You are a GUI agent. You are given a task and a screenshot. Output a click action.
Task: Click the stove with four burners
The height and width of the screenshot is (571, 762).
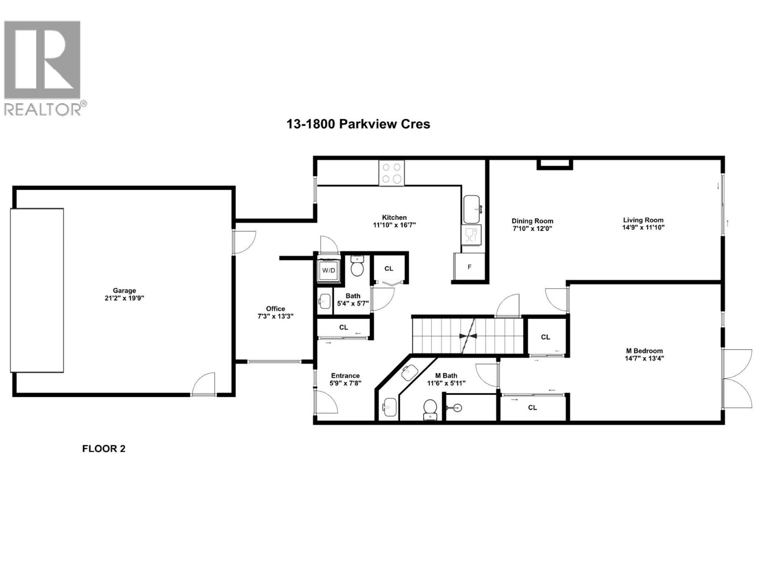pos(392,173)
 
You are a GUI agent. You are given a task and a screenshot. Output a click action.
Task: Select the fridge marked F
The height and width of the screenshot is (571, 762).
pos(469,267)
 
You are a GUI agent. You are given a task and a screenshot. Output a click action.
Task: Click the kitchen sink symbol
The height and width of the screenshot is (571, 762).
pos(472,209)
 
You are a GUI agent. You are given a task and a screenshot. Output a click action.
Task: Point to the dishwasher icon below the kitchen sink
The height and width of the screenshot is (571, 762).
pos(471,235)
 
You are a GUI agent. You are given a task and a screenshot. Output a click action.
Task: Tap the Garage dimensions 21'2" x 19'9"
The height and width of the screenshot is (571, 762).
pos(124,298)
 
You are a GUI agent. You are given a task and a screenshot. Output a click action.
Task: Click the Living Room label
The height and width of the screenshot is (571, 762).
pos(643,220)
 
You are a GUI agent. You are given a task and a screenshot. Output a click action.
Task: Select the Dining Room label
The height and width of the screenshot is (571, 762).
pos(532,221)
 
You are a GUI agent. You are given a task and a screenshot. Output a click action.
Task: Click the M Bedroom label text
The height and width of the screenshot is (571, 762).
pos(644,351)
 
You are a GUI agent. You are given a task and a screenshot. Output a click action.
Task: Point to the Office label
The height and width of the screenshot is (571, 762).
pos(275,308)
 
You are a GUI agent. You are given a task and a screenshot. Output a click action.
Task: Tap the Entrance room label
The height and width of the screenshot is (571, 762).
pos(345,375)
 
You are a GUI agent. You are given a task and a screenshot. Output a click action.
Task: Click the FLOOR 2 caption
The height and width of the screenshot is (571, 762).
pos(103,448)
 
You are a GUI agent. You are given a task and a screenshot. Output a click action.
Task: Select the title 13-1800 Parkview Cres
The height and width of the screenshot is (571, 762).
pos(358,124)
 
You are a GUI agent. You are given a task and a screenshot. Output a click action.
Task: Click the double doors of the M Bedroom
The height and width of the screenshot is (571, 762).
pos(737,379)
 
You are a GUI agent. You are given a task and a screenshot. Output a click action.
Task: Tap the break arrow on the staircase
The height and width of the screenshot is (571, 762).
pos(468,335)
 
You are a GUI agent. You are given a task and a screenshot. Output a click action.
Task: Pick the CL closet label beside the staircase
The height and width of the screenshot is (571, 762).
pos(546,337)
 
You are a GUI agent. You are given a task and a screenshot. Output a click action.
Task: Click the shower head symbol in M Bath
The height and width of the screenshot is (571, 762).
pos(456,407)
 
